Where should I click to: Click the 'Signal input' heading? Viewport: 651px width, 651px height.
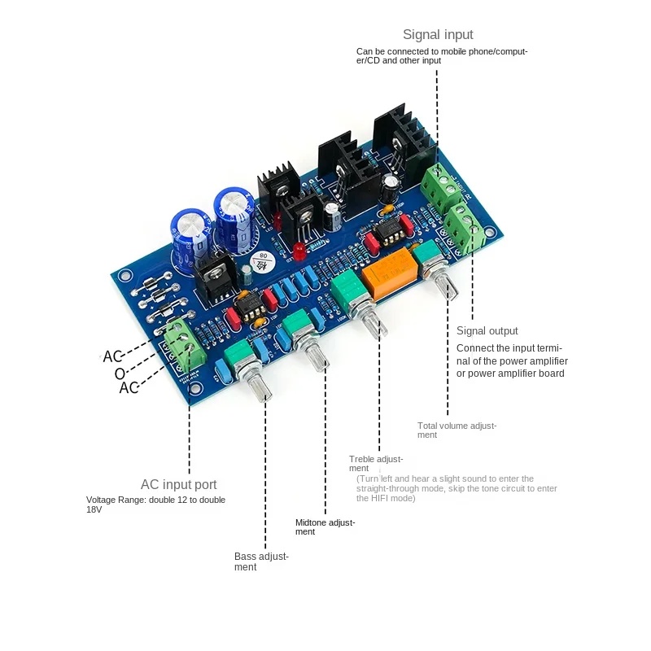tap(438, 35)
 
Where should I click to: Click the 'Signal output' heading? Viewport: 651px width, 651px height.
tap(487, 330)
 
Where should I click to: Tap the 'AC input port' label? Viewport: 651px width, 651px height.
tap(178, 485)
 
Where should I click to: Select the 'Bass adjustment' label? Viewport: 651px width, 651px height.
tap(261, 561)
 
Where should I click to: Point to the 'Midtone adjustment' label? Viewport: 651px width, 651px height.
tap(325, 526)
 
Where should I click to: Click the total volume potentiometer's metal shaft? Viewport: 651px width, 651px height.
tap(445, 287)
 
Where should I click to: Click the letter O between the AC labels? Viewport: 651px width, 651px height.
tap(119, 373)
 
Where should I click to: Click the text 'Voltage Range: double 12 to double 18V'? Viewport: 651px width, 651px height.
tap(155, 505)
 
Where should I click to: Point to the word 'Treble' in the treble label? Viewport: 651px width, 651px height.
tap(363, 459)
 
